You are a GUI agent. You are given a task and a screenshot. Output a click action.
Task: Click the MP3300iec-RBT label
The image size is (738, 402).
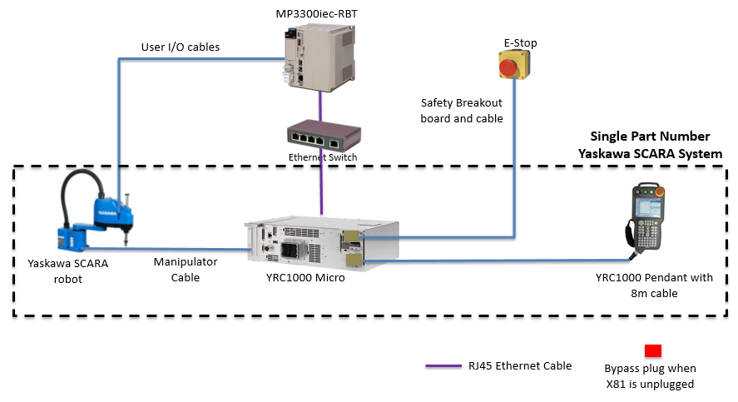click(x=322, y=14)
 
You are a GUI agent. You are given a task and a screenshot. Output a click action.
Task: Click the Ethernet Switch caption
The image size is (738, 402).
click(x=323, y=157)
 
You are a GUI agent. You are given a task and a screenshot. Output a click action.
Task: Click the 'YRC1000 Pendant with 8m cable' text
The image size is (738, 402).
click(x=654, y=285)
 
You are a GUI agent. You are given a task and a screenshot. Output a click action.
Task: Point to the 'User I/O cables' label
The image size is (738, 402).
click(x=181, y=47)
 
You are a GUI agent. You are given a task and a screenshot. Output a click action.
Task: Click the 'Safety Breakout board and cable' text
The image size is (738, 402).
click(x=462, y=111)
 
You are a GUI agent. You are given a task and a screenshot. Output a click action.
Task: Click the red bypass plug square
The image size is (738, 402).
click(x=653, y=350)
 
